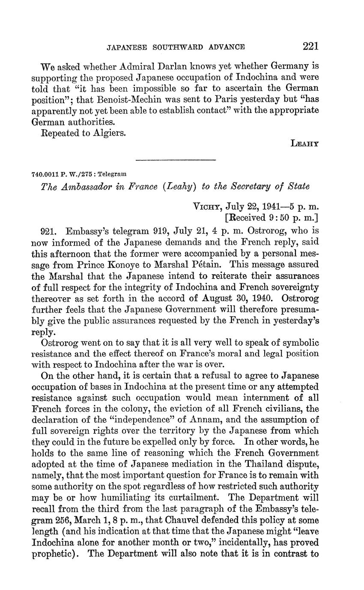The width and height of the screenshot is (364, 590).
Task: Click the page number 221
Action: (310, 46)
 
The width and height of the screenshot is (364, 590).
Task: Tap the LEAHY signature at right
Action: (304, 145)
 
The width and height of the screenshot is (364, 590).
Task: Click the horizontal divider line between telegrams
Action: (175, 160)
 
